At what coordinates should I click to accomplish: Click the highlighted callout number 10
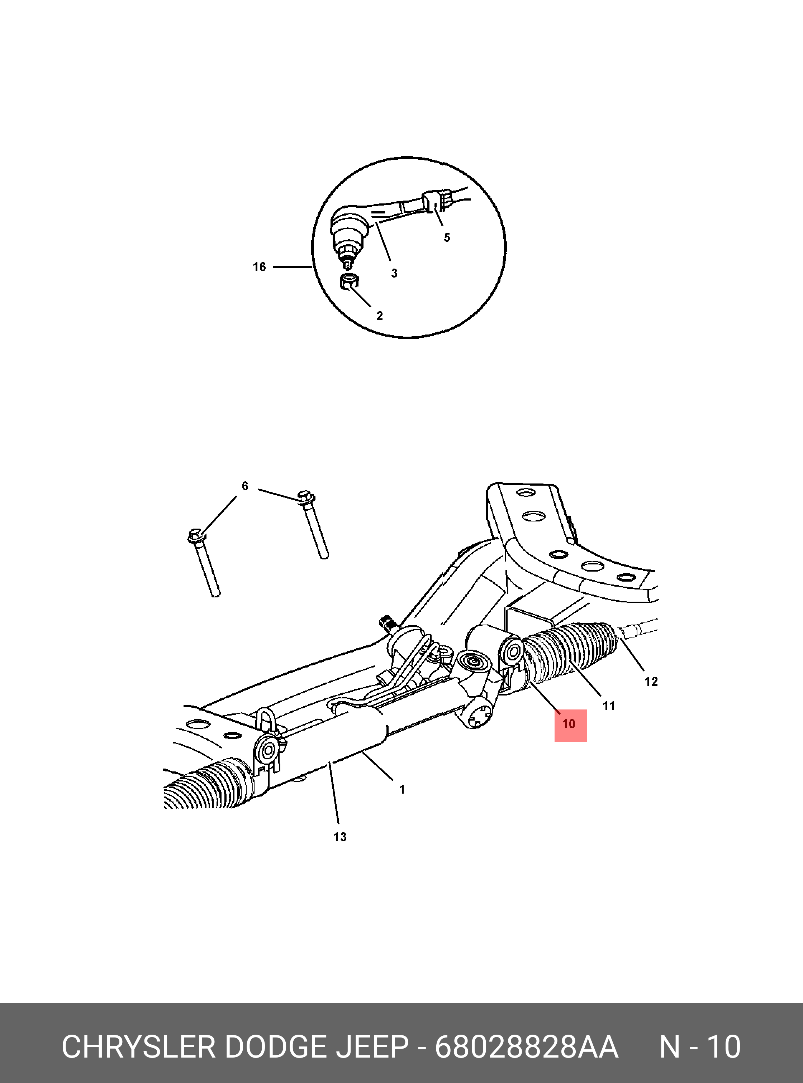point(568,724)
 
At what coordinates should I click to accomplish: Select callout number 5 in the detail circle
point(447,237)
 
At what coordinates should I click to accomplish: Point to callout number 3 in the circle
point(394,273)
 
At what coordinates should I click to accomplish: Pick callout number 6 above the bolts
point(245,486)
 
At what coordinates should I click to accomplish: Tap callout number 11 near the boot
point(609,706)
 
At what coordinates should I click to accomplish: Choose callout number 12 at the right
point(651,682)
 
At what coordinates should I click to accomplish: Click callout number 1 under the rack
point(402,790)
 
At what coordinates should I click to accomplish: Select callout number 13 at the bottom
point(340,837)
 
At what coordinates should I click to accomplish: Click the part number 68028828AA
point(526,1046)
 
